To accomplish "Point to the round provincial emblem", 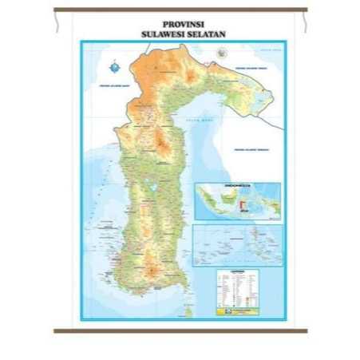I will pos(221,51).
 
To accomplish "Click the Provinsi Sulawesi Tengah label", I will pos(253,67).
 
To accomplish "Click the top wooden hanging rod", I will pos(180,10).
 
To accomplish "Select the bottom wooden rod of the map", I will pos(180,330).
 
